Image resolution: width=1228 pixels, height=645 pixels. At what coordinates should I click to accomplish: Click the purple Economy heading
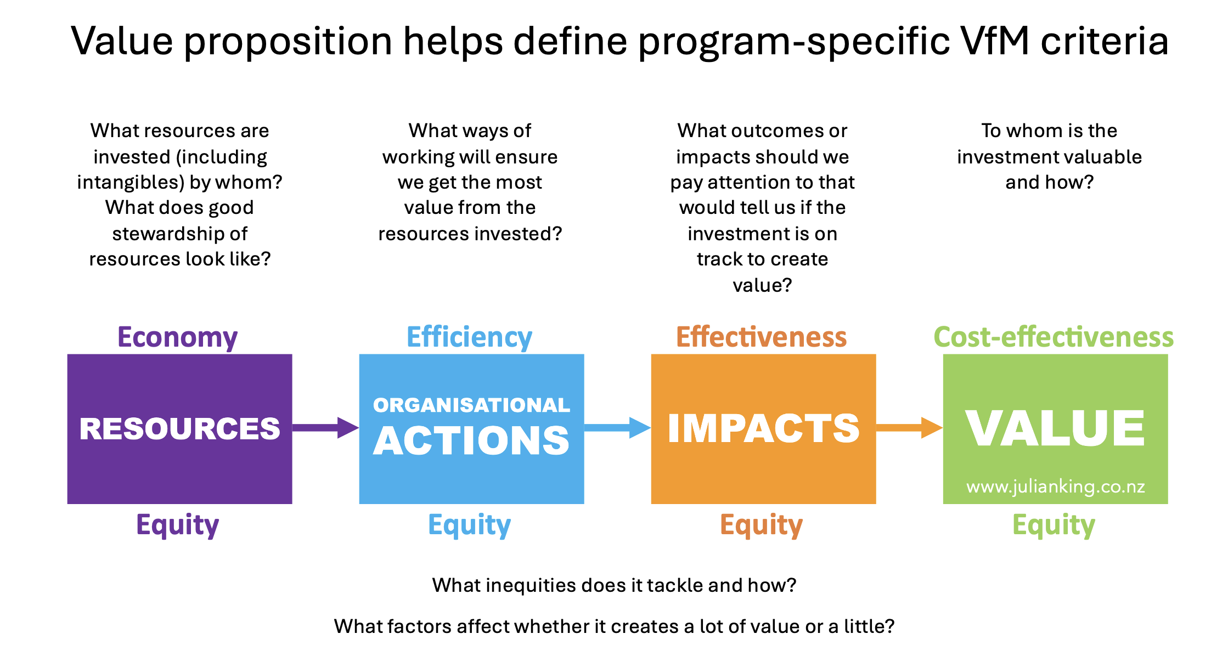pos(178,337)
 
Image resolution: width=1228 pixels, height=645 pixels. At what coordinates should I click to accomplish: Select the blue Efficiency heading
pos(470,337)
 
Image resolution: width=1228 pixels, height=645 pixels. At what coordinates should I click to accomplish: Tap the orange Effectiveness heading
pos(762,337)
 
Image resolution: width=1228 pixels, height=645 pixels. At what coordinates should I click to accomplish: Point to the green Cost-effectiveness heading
pos(1054,337)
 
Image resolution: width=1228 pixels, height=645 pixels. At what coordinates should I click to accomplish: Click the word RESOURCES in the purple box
pos(180,428)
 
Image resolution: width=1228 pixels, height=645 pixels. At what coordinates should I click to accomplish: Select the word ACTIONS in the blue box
pos(472,440)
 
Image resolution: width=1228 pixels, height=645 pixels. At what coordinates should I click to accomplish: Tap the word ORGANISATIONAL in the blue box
pos(472,405)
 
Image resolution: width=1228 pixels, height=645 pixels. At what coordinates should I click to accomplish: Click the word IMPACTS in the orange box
pos(764,428)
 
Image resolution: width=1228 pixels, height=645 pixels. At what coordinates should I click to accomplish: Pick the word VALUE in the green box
pos(1055,428)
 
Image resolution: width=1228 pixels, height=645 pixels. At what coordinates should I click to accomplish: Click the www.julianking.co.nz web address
pos(1056,486)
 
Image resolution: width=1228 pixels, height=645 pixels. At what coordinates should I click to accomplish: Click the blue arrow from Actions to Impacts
pos(618,428)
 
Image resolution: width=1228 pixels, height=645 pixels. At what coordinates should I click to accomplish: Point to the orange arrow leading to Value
pos(910,428)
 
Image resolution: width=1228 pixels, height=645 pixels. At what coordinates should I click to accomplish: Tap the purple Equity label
pos(178,525)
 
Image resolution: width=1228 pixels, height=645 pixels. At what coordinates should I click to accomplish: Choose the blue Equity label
pos(470,525)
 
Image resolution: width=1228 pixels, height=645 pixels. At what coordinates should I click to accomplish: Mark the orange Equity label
pos(762,525)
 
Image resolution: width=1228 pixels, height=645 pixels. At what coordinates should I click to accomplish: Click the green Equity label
pos(1054,525)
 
